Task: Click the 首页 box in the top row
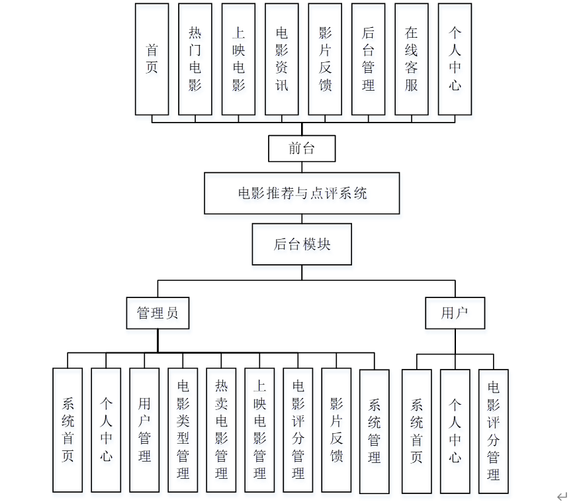[152, 59]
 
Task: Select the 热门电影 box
[195, 59]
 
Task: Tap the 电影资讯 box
[282, 59]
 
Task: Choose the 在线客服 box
[412, 59]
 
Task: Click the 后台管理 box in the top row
[369, 59]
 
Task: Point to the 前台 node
[302, 148]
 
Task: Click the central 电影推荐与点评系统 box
[302, 193]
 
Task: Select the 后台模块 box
[302, 244]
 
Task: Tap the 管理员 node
[157, 313]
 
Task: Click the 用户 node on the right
[455, 313]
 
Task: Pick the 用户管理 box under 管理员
[144, 430]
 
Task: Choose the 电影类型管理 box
[183, 430]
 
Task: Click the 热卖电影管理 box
[221, 430]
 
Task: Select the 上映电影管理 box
[259, 430]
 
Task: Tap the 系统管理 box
[375, 431]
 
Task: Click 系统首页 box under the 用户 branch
[417, 431]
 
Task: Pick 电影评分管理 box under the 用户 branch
[494, 431]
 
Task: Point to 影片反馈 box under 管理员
[336, 430]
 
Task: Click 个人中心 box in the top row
[455, 59]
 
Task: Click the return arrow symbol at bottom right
[562, 495]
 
